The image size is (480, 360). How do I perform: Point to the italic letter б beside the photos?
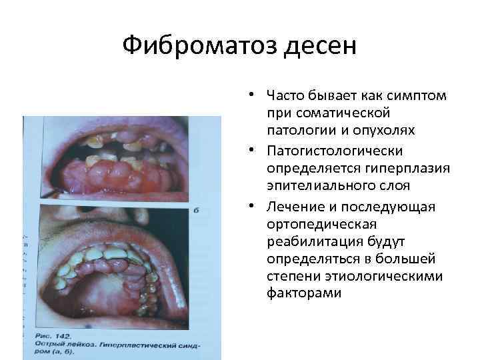click(x=196, y=211)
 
